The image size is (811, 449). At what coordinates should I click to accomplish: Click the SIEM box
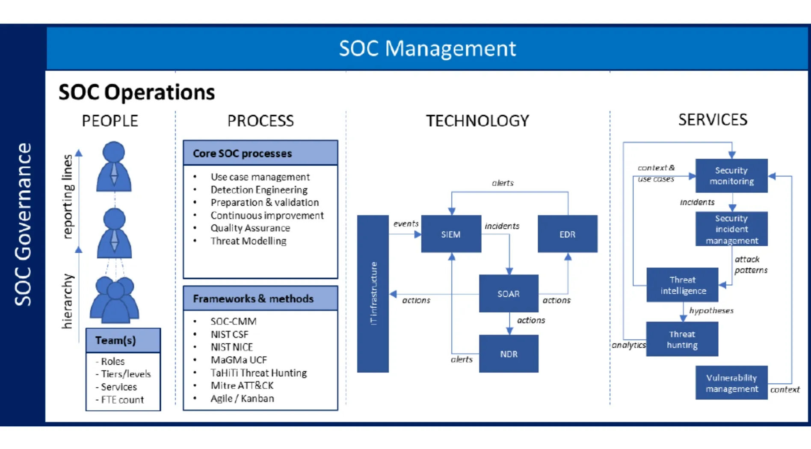click(x=451, y=234)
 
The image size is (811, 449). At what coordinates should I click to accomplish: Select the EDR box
click(x=567, y=234)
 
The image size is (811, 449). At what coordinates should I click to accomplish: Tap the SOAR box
click(x=509, y=293)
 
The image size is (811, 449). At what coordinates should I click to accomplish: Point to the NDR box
click(x=509, y=354)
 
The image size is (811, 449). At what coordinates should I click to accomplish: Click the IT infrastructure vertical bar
click(x=373, y=294)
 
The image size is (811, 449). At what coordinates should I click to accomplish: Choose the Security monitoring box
click(x=731, y=176)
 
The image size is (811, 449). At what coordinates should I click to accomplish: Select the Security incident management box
click(x=731, y=229)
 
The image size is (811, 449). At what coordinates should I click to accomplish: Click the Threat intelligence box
click(x=682, y=285)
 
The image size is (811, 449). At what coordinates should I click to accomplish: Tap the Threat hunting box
click(x=682, y=339)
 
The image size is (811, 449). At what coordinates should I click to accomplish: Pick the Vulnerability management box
click(x=731, y=383)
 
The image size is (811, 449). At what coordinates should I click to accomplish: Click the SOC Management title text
click(x=427, y=48)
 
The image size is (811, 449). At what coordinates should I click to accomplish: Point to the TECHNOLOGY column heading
click(x=477, y=121)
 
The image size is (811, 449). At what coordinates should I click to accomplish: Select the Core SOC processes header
click(x=260, y=153)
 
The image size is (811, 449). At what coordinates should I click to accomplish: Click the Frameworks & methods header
click(x=260, y=298)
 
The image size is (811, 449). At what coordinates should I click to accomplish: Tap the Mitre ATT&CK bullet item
click(x=242, y=385)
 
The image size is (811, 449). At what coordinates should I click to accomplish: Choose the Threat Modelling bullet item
click(x=248, y=241)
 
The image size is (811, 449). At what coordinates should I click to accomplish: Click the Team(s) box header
click(x=123, y=340)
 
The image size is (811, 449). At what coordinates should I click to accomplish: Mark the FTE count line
click(x=120, y=399)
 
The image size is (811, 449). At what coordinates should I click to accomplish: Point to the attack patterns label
click(x=751, y=265)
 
